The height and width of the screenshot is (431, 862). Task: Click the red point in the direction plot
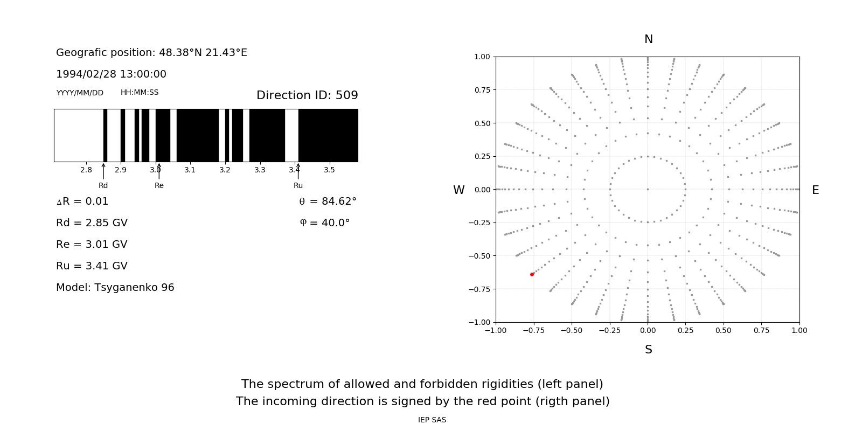532,275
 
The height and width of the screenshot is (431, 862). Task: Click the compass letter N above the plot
649,39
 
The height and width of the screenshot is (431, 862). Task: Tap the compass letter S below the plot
649,350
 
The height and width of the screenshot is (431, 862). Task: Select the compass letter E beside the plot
815,190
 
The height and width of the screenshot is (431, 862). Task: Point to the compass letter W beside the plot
459,190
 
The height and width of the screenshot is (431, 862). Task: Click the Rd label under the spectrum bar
103,185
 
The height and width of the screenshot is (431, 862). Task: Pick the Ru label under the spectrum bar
298,185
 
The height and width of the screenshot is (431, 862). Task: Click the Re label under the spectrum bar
159,185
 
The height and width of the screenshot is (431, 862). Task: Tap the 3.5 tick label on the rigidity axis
329,170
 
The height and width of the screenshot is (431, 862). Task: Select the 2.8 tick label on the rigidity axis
86,170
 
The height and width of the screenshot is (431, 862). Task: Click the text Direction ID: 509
307,95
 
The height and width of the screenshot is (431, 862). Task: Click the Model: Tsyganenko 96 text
115,288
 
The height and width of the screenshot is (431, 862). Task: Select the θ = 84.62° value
328,201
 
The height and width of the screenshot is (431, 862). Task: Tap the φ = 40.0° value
325,223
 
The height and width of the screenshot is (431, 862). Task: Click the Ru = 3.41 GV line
92,266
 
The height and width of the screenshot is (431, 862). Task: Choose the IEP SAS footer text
432,420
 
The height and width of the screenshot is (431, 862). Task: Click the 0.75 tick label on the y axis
482,90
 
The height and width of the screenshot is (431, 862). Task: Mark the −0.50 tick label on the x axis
572,330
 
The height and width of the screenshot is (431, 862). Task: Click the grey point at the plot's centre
648,189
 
